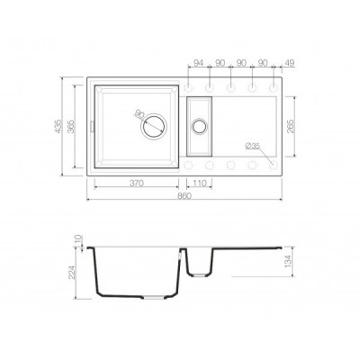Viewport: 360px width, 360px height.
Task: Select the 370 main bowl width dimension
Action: (x=137, y=183)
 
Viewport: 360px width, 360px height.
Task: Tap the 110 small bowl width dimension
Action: (x=200, y=183)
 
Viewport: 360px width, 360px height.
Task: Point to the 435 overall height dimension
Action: (x=58, y=126)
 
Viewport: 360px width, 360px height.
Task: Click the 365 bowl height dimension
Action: (x=71, y=126)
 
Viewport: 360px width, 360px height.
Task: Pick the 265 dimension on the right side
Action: (x=291, y=126)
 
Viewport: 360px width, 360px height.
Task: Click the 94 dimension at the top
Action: (x=199, y=63)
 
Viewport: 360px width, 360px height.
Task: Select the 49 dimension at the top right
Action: (x=290, y=63)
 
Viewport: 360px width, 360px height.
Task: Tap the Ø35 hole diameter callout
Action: (x=252, y=146)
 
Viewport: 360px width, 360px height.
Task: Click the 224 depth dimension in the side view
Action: (x=71, y=272)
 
